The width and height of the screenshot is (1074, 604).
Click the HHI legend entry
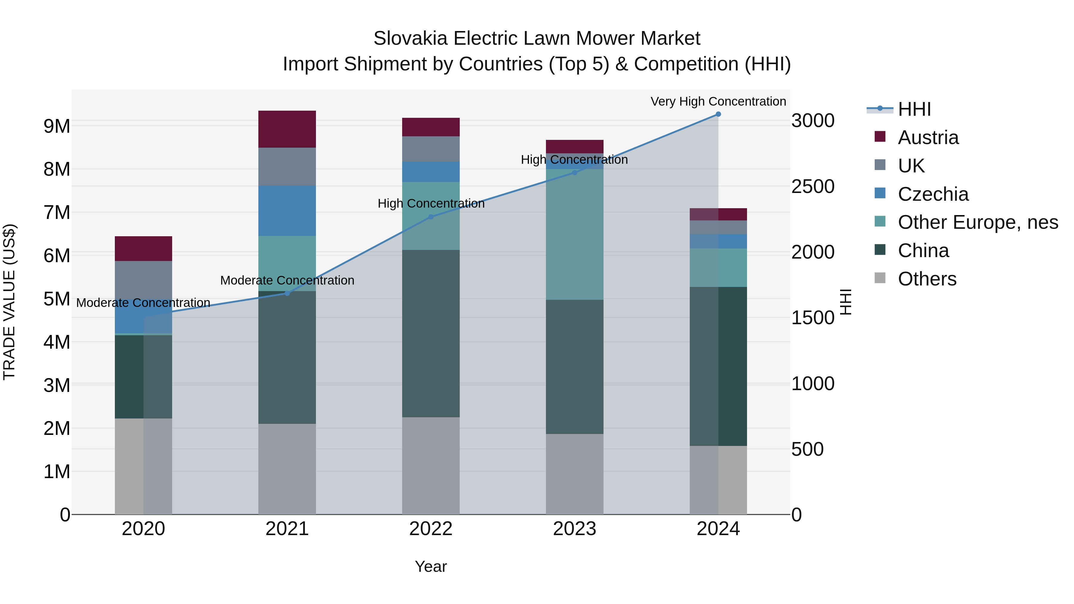[914, 109]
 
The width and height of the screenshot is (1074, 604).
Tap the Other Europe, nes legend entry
[978, 222]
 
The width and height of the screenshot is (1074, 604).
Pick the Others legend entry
[927, 279]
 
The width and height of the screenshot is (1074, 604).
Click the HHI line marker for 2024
[718, 114]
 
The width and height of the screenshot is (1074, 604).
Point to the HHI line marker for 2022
[431, 217]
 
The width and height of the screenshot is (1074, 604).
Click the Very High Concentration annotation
[718, 101]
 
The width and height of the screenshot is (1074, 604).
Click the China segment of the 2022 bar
[431, 333]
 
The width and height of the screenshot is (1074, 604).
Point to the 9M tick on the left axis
[57, 126]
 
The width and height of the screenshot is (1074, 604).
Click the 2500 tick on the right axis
[813, 186]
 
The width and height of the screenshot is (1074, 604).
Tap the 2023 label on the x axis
[575, 529]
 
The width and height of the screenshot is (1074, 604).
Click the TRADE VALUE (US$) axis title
[9, 302]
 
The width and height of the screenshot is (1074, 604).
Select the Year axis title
[431, 566]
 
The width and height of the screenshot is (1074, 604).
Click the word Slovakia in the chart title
[410, 38]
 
